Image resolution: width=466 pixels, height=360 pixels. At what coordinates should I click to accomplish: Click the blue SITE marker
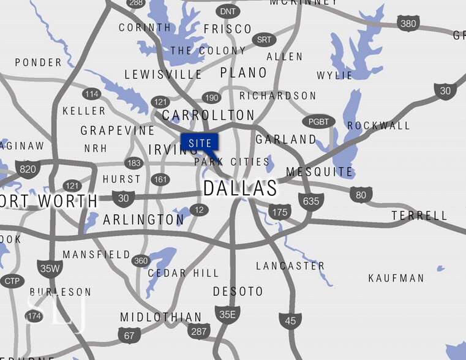click(x=200, y=143)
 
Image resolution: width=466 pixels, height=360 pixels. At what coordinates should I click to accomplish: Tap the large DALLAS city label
click(x=239, y=188)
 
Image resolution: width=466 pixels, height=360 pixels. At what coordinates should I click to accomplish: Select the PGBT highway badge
click(x=318, y=122)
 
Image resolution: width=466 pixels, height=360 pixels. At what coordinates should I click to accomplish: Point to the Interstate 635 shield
click(x=311, y=200)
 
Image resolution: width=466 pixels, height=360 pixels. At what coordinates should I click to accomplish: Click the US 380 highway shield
click(x=408, y=24)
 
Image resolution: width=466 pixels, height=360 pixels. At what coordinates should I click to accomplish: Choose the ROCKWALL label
click(x=378, y=126)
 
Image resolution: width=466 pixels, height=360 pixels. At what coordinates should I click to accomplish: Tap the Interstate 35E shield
click(x=227, y=315)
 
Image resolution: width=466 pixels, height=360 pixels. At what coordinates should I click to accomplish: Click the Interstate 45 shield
click(x=290, y=320)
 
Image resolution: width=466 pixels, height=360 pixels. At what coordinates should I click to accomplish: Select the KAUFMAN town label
click(x=396, y=278)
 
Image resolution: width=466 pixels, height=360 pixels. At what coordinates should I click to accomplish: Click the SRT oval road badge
click(x=264, y=40)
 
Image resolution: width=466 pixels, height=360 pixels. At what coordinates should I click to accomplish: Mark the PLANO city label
click(x=244, y=73)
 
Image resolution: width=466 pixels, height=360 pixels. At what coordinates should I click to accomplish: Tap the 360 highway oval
click(x=141, y=261)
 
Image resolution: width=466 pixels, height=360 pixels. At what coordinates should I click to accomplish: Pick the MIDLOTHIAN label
click(x=160, y=317)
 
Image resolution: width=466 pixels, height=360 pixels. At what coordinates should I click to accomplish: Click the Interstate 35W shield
click(x=50, y=268)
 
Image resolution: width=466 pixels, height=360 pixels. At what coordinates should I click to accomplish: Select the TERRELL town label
click(x=419, y=216)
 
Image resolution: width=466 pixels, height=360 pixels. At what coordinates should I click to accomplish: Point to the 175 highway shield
click(x=279, y=212)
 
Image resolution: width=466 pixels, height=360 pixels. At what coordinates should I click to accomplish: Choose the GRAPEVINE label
click(x=118, y=130)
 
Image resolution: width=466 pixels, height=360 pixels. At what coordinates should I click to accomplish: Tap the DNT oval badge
click(x=228, y=11)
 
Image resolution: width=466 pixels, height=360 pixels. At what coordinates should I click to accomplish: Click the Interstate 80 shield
click(x=361, y=195)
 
